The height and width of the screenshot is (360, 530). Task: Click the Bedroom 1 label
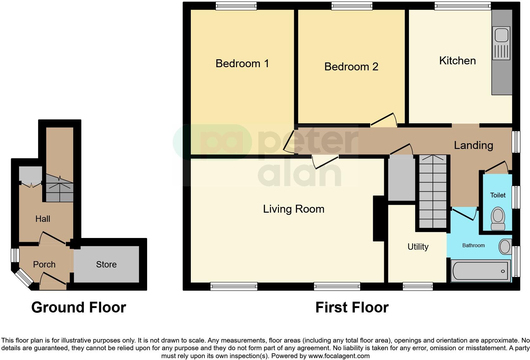pyautogui.click(x=242, y=63)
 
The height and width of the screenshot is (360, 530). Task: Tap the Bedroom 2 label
pyautogui.click(x=351, y=67)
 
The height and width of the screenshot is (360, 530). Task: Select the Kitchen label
pyautogui.click(x=457, y=61)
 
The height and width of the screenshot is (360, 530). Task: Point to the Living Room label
pyautogui.click(x=294, y=209)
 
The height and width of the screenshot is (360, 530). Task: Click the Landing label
pyautogui.click(x=473, y=145)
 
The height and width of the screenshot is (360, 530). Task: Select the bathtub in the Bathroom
pyautogui.click(x=481, y=271)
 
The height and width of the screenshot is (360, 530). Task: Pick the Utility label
pyautogui.click(x=418, y=247)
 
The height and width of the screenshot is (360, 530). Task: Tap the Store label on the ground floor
pyautogui.click(x=106, y=264)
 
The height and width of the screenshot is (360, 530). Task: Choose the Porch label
pyautogui.click(x=44, y=264)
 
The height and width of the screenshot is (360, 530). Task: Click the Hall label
pyautogui.click(x=42, y=219)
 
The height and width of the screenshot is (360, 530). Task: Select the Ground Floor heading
pyautogui.click(x=79, y=307)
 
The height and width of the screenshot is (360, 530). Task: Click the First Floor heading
pyautogui.click(x=352, y=307)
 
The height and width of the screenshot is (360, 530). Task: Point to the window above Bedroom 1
pyautogui.click(x=236, y=5)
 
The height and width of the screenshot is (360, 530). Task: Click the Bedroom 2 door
pyautogui.click(x=384, y=120)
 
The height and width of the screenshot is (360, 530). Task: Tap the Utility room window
pyautogui.click(x=417, y=287)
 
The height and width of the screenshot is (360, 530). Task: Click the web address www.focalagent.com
pyautogui.click(x=339, y=356)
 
